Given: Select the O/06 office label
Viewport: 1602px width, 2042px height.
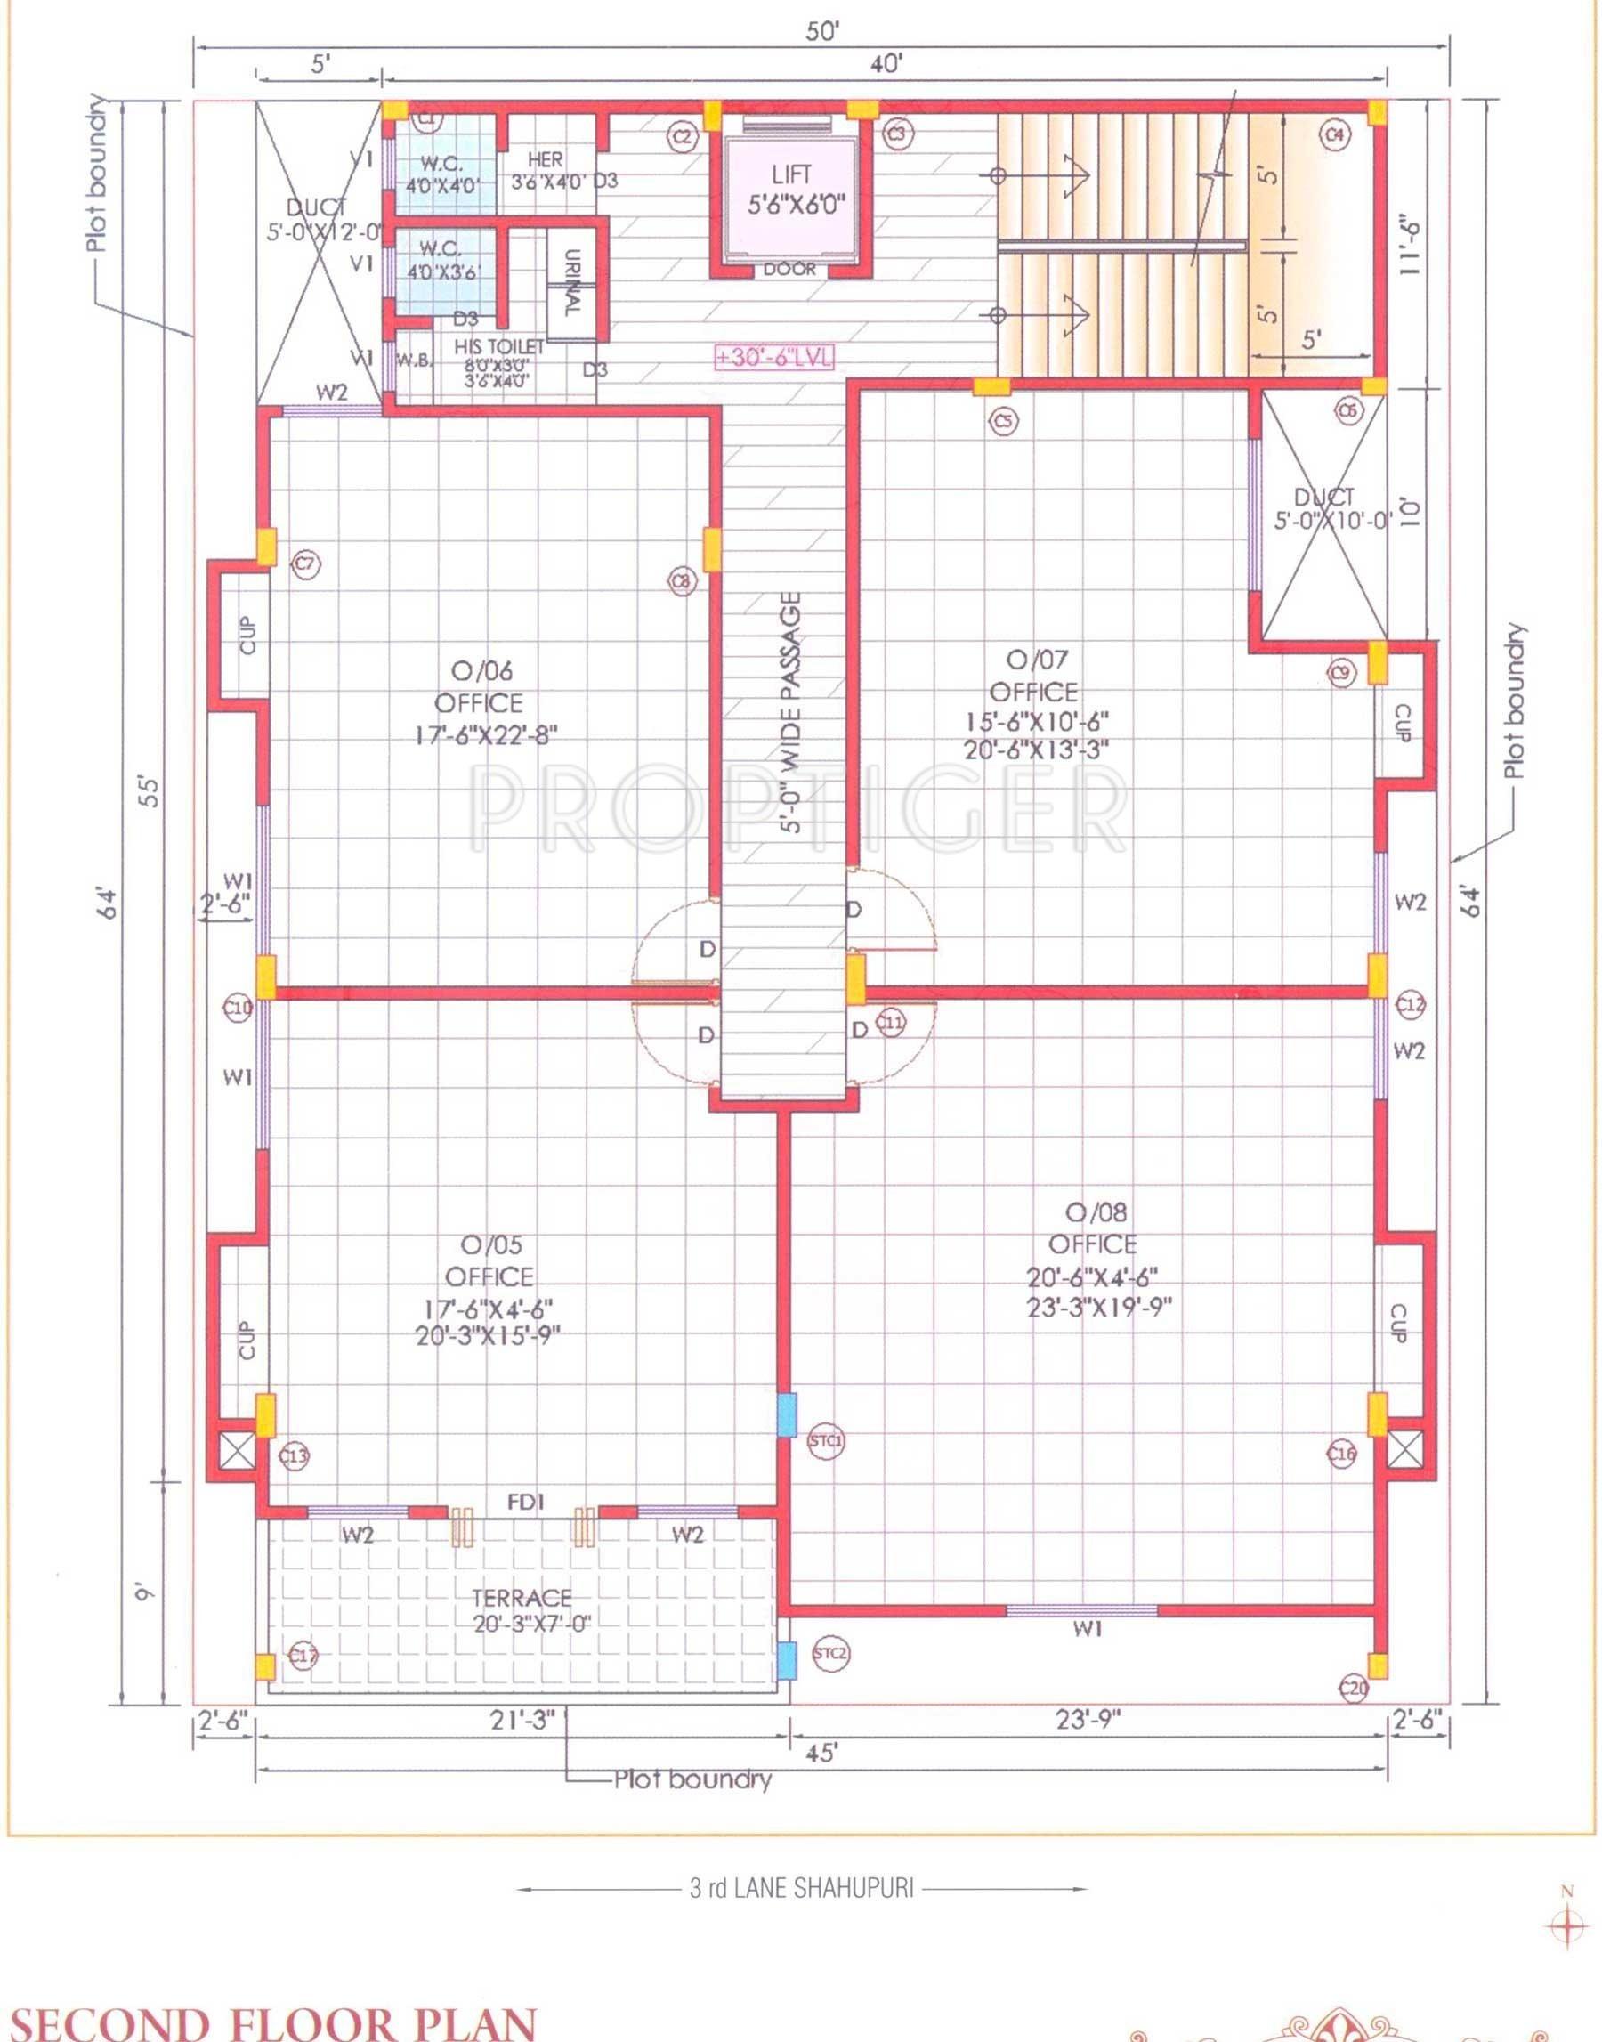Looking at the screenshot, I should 484,702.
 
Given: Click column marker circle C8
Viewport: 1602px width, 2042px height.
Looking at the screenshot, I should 682,581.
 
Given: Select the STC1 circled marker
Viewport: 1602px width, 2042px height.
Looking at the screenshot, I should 826,1441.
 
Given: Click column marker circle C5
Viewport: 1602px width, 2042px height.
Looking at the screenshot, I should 1004,421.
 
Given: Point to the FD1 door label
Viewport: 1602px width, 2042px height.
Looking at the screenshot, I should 526,1503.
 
